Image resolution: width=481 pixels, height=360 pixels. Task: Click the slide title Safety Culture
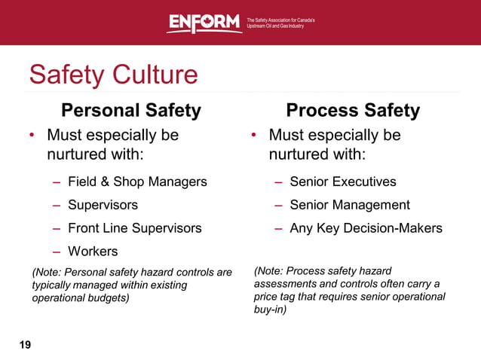pos(113,75)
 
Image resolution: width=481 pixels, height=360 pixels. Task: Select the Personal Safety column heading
pos(131,111)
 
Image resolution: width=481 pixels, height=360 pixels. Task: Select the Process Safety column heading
pos(353,111)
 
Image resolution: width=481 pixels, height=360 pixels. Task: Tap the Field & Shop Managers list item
pos(137,182)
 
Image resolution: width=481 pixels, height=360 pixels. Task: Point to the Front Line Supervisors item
pos(135,227)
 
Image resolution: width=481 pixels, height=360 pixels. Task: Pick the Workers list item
pos(93,251)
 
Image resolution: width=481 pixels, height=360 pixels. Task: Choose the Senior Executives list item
pos(343,182)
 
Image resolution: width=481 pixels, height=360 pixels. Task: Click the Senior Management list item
pos(350,205)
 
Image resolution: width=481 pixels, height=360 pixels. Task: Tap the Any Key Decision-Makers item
pos(366,227)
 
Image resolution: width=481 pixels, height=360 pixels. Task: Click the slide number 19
pos(25,345)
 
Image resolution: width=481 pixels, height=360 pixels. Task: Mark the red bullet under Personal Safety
pos(32,136)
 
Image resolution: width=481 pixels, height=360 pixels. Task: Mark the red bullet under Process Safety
pos(254,136)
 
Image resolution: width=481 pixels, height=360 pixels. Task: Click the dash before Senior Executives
pos(279,182)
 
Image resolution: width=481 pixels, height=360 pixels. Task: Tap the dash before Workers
pos(57,251)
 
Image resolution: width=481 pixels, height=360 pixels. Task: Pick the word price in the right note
pos(268,296)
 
